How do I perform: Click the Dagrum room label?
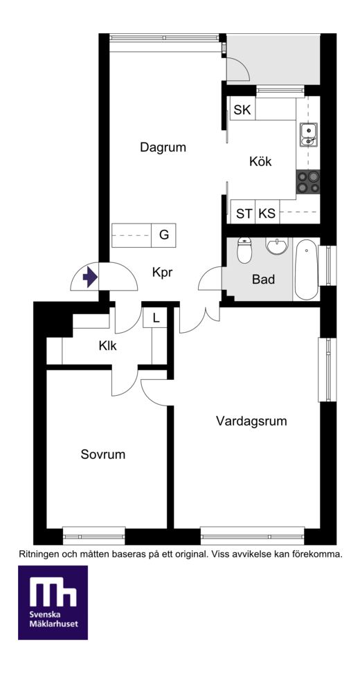tap(163, 148)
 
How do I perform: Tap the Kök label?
tap(260, 162)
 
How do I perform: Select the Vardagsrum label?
tap(251, 421)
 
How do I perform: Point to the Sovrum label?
tap(102, 454)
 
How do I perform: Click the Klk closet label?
tap(107, 345)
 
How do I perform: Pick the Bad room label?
tap(263, 280)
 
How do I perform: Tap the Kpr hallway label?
tap(162, 273)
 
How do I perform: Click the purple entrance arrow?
tap(90, 277)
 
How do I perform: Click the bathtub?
tap(306, 269)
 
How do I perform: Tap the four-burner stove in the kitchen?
tap(308, 181)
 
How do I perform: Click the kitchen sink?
tap(308, 134)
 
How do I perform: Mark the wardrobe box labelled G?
tap(164, 235)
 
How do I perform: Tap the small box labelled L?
tap(156, 319)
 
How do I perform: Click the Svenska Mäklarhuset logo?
tap(53, 602)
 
